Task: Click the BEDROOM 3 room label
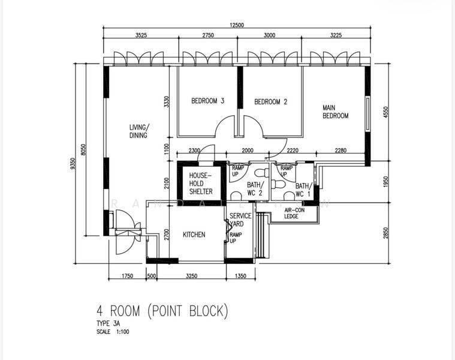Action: click(207, 101)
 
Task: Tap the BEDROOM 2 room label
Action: click(271, 102)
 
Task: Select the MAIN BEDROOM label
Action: click(335, 112)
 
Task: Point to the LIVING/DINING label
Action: click(139, 131)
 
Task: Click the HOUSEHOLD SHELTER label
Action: click(201, 183)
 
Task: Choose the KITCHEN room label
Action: click(194, 235)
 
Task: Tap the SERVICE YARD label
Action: click(240, 220)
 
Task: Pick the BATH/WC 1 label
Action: click(303, 190)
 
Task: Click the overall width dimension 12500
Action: click(237, 25)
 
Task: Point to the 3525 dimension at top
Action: click(141, 36)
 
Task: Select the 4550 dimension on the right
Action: click(386, 112)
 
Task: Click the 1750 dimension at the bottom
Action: click(127, 276)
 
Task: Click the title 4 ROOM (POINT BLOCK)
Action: click(162, 311)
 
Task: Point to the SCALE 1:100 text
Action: click(112, 331)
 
